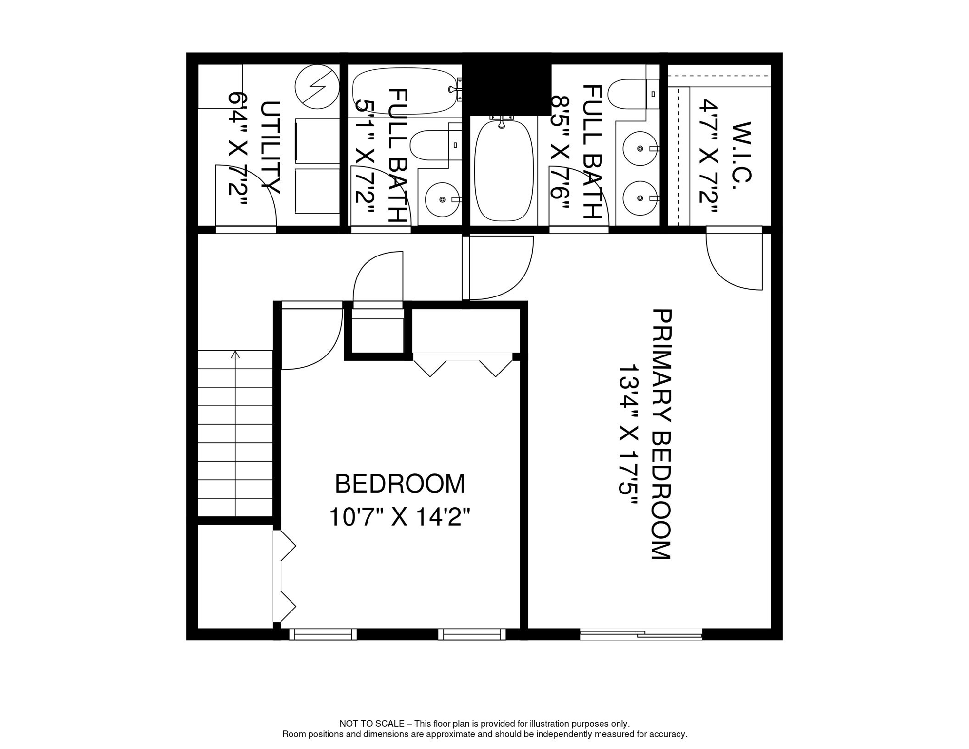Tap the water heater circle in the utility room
pos(317,87)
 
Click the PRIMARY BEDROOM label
pos(661,434)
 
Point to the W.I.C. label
pos(741,152)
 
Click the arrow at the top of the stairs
pos(235,355)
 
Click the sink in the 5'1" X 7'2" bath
pos(442,199)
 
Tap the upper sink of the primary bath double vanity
pos(640,148)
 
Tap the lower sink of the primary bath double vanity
pos(640,198)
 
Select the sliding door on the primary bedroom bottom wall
pos(640,634)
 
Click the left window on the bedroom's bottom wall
pos(323,634)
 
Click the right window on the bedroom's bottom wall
pos(472,634)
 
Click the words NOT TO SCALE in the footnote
pos(371,724)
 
